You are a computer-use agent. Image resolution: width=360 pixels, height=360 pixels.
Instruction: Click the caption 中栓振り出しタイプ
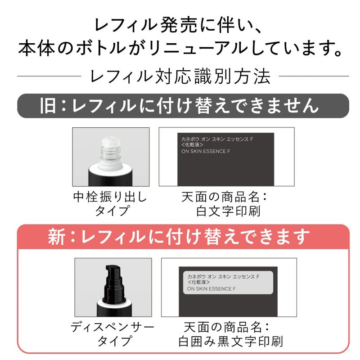click(x=110, y=204)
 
